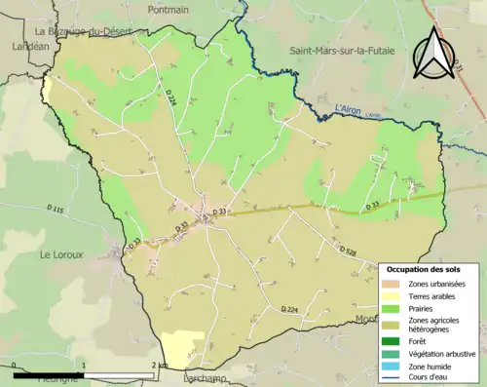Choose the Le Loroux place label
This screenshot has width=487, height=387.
[57, 254]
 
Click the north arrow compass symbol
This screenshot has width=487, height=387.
[430, 54]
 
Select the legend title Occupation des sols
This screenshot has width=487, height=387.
[424, 268]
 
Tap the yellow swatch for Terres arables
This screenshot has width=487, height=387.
[399, 295]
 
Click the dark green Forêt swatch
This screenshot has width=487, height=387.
[399, 341]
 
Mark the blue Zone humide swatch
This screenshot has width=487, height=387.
[399, 367]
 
